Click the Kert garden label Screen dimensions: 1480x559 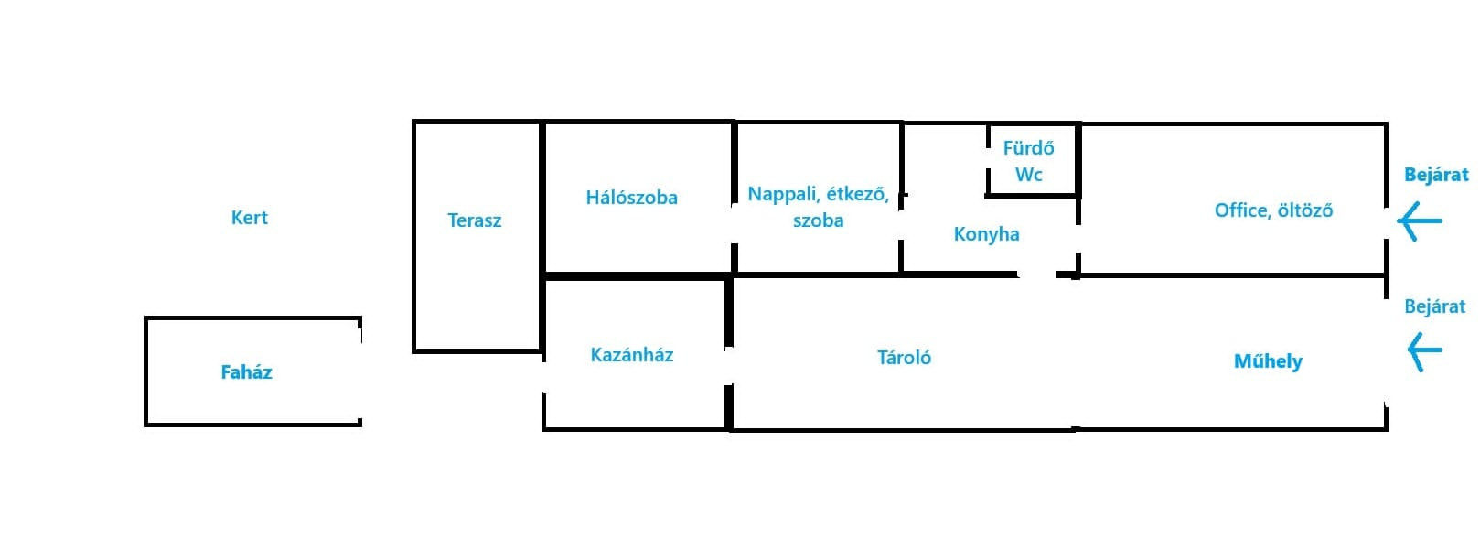coord(250,218)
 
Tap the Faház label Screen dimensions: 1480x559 coord(246,372)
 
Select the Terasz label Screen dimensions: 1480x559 coord(475,220)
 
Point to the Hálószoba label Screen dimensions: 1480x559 coord(632,197)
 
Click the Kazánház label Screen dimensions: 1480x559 coord(632,355)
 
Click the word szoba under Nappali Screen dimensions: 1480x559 coord(819,220)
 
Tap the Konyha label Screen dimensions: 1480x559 coord(986,234)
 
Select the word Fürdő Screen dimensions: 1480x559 coord(1029,147)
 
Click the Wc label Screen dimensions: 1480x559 coord(1029,175)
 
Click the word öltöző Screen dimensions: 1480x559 coord(1305,210)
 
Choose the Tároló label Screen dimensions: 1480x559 coord(905,358)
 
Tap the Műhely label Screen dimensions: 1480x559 coord(1269,361)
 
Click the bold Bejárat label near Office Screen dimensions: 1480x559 coord(1436,175)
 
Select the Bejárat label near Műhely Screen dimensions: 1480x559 coord(1435,306)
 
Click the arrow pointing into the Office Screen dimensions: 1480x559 coord(1420,221)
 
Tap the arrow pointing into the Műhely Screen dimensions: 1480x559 coord(1424,352)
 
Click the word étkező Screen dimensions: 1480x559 coord(858,194)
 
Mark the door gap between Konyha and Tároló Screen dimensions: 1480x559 coord(1036,274)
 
